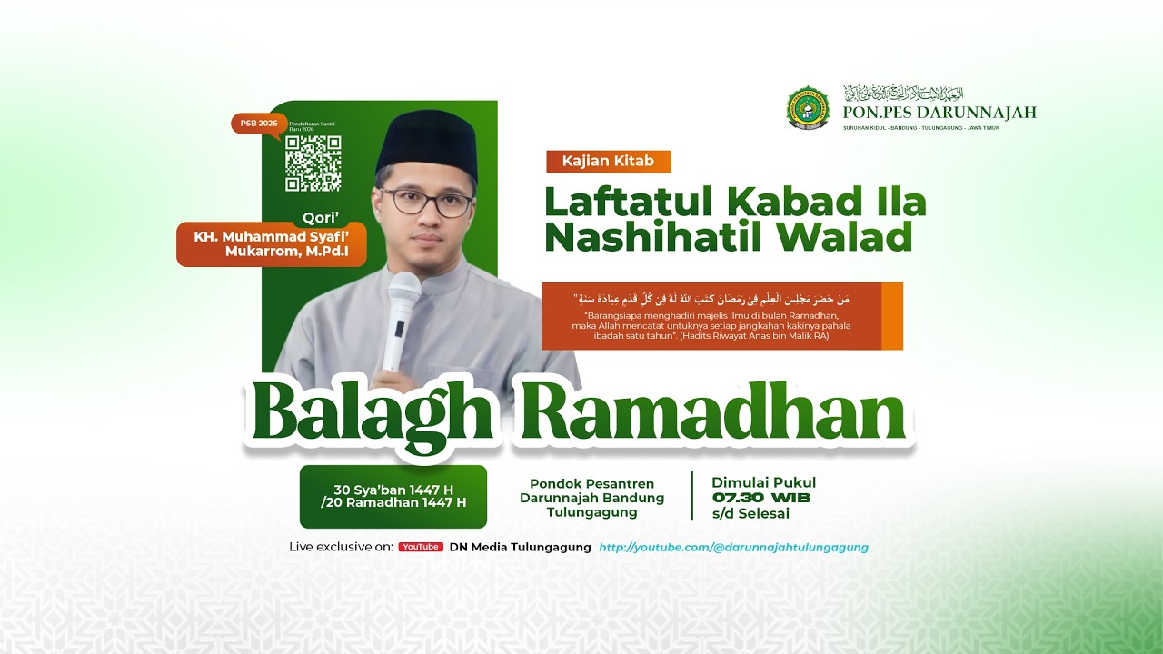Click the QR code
313,163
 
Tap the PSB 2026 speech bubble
257,124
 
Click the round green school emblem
808,108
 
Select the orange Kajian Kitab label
608,162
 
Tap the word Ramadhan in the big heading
715,414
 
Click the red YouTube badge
421,547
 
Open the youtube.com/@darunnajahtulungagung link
733,547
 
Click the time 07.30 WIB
761,498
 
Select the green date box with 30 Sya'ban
393,496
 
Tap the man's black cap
427,144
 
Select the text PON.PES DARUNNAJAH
939,113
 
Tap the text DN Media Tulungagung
520,547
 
